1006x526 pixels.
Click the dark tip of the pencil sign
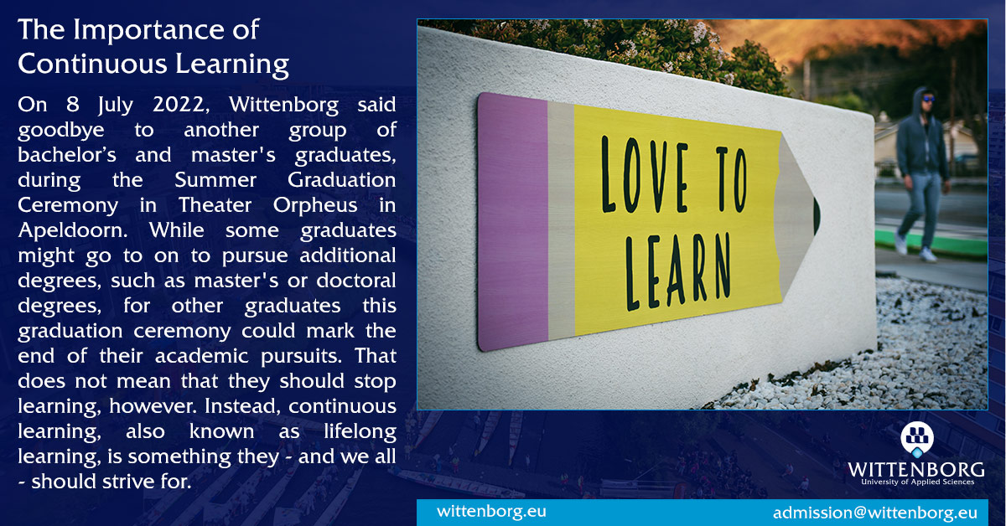(x=816, y=216)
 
